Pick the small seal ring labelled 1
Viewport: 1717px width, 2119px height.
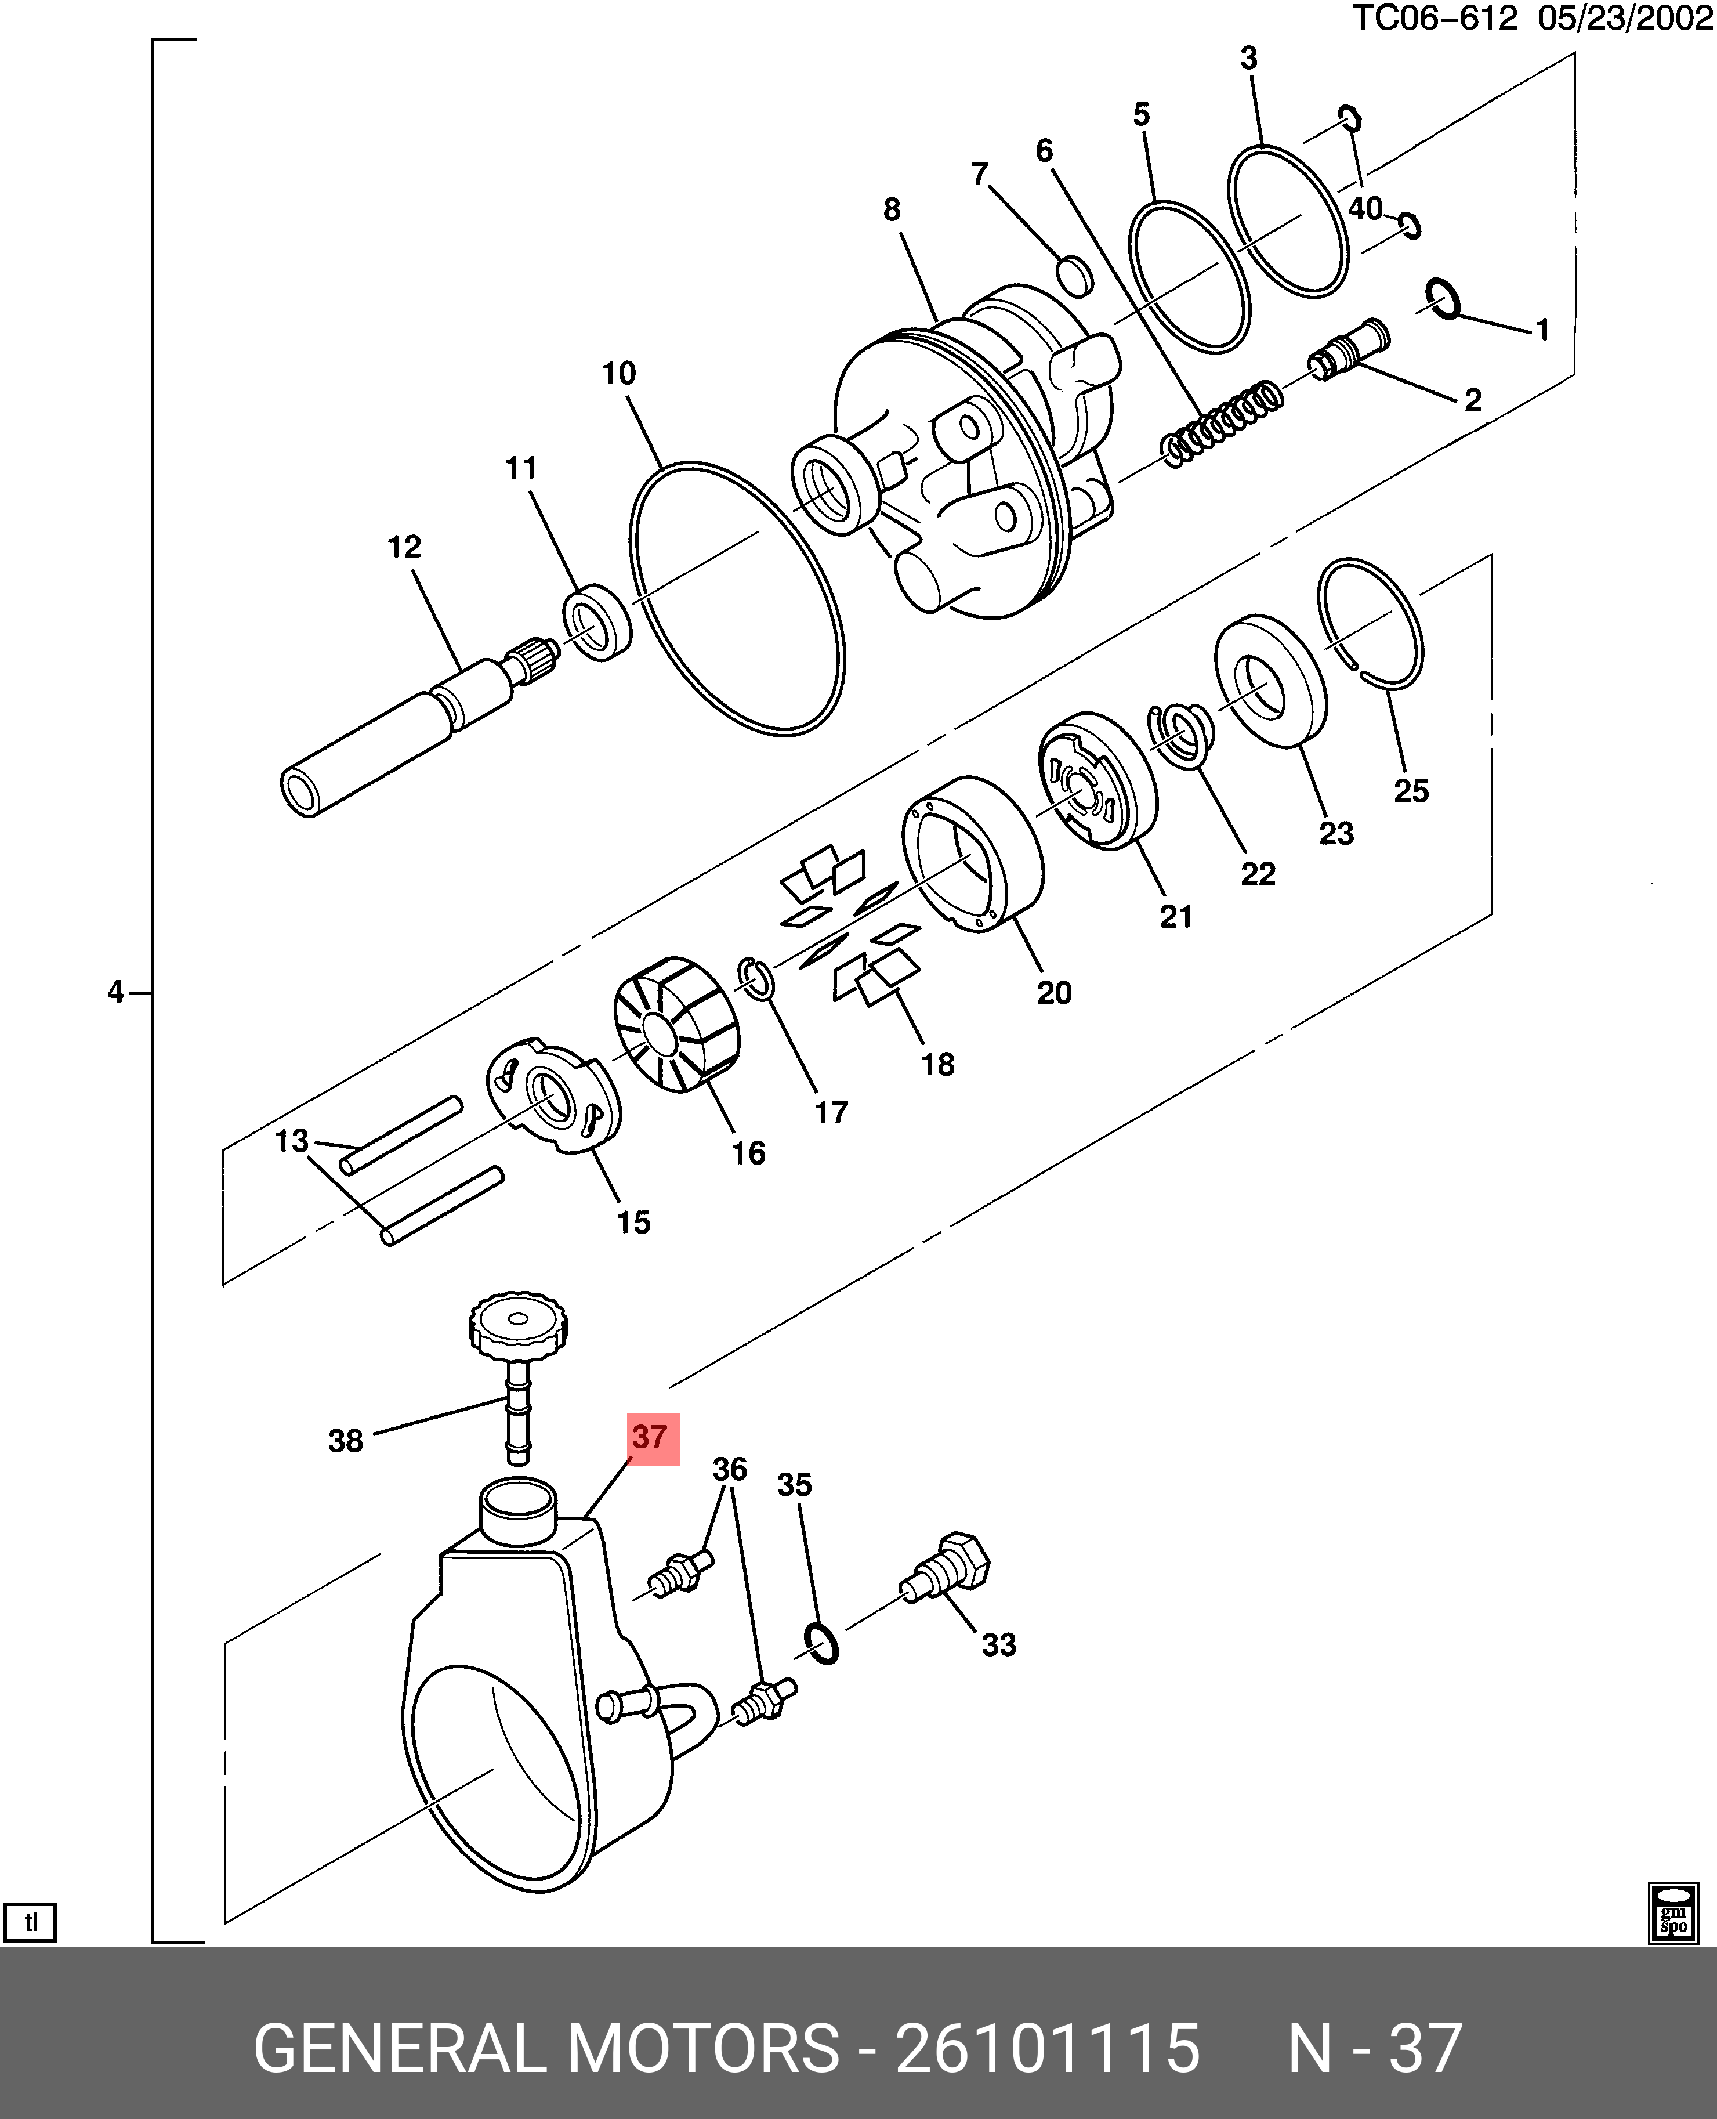coord(1443,299)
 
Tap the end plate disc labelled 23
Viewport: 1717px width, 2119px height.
coord(1270,682)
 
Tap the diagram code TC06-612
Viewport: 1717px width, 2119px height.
coord(1433,18)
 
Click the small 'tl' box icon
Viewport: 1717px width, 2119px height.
coord(31,1923)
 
